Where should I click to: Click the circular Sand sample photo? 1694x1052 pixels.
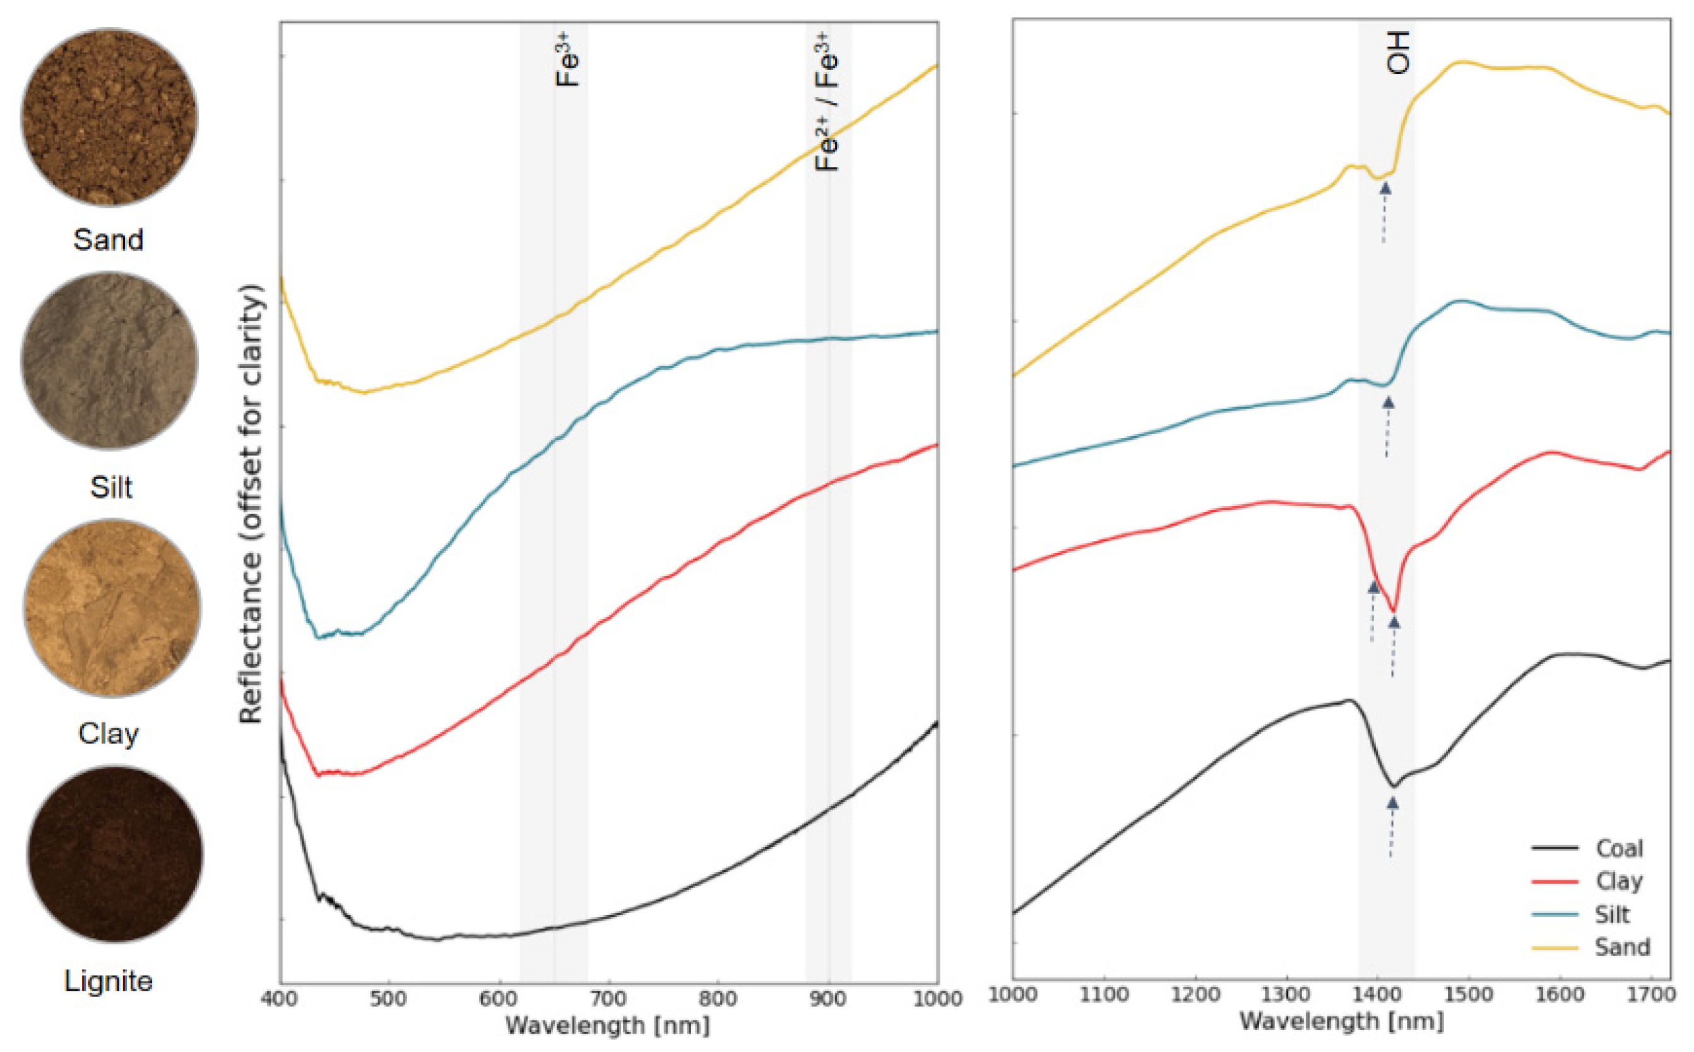pos(109,117)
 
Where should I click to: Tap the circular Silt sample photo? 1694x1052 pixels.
pos(109,360)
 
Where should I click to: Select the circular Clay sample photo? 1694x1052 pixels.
pos(112,607)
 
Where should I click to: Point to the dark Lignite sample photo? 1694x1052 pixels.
pos(115,854)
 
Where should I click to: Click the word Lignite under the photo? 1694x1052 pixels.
pos(109,981)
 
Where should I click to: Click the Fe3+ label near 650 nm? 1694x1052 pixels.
pos(567,60)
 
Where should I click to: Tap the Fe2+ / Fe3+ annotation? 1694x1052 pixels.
pos(827,102)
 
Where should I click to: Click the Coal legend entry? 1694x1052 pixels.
pos(1619,848)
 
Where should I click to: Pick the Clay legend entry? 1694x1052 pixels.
pos(1619,881)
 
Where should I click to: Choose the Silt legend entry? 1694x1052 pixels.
pos(1612,914)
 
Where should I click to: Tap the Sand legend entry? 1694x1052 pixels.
pos(1621,947)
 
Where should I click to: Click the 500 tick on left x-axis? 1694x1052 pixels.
pos(388,999)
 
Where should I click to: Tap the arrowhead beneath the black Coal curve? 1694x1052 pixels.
pos(1392,803)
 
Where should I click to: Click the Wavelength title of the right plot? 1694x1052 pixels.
pos(1341,1021)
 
